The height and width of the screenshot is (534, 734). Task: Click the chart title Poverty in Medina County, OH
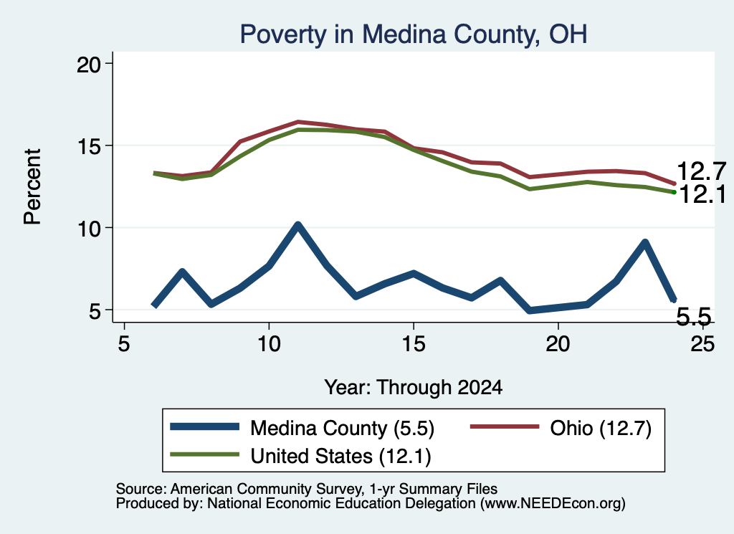(x=414, y=34)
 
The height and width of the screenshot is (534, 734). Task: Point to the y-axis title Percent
(x=32, y=186)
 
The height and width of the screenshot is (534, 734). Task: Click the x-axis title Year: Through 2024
(x=414, y=388)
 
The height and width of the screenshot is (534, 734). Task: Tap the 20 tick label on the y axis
(x=88, y=64)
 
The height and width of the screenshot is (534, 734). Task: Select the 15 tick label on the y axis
(x=88, y=146)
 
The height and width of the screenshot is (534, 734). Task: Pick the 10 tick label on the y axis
(x=88, y=229)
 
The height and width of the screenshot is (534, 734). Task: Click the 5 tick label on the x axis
(x=123, y=344)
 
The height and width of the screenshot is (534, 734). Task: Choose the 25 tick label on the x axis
(x=702, y=344)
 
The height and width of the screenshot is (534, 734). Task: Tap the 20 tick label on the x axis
(x=558, y=344)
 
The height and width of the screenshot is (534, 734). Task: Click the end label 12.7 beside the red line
(x=701, y=171)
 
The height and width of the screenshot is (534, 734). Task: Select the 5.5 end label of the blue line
(x=694, y=317)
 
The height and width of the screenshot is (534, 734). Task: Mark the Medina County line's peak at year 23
(x=645, y=243)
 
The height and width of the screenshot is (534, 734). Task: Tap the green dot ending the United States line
(x=674, y=192)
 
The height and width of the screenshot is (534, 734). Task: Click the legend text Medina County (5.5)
(x=342, y=428)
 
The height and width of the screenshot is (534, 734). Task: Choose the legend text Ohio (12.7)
(x=601, y=428)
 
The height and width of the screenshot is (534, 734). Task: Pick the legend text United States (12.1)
(x=340, y=457)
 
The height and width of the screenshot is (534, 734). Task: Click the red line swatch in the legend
(x=504, y=426)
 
